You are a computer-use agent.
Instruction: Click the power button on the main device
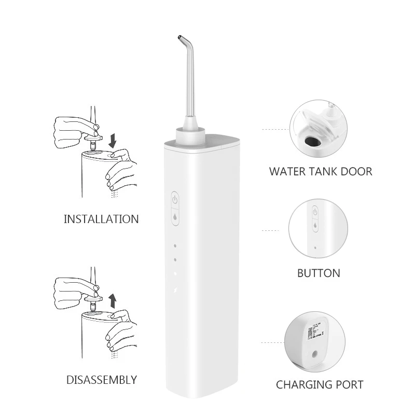(x=175, y=199)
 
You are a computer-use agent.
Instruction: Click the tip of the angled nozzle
(x=178, y=37)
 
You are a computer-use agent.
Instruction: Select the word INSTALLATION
(x=101, y=219)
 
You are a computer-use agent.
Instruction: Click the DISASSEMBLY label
(x=102, y=380)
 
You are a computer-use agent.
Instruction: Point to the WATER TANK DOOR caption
(x=321, y=171)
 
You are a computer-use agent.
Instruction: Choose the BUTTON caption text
(x=319, y=273)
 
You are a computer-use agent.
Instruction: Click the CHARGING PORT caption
(x=320, y=384)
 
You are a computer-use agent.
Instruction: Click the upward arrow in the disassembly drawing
(x=113, y=300)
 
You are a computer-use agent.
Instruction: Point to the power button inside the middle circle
(x=315, y=212)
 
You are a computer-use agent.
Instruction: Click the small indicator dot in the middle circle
(x=315, y=248)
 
